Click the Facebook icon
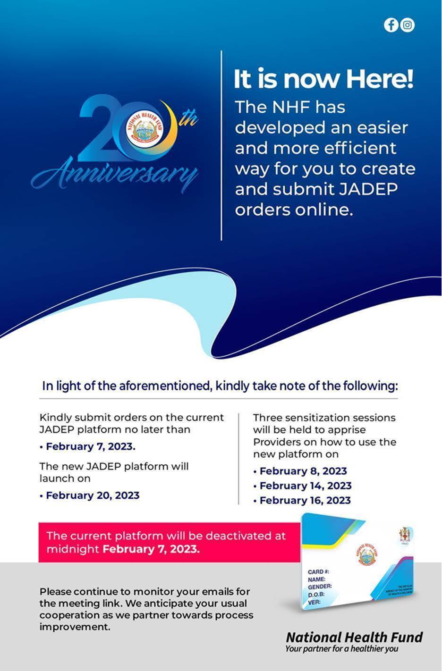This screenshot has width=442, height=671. (391, 25)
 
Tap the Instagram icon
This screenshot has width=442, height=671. (408, 25)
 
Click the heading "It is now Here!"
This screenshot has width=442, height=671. (323, 79)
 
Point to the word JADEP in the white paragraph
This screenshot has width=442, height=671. (368, 189)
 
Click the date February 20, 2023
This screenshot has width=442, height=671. (93, 495)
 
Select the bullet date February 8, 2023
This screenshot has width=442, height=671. (303, 471)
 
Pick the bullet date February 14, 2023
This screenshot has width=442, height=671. (306, 486)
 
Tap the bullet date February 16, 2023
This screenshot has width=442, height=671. (305, 500)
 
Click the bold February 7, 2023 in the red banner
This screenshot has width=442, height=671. (151, 549)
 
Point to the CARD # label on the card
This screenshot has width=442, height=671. (318, 572)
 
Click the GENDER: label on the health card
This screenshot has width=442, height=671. (320, 586)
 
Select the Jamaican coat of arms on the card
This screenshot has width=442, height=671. (404, 535)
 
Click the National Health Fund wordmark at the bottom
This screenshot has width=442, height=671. (354, 637)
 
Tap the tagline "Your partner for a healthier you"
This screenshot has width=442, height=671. (341, 649)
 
